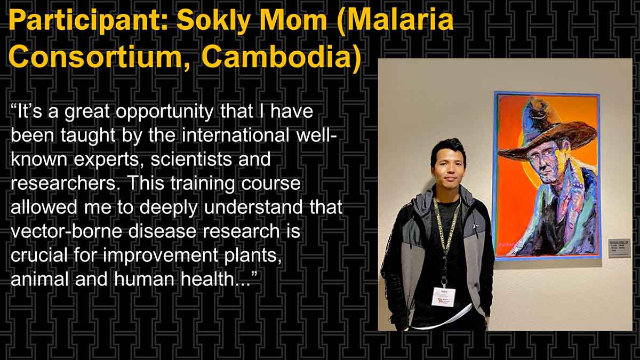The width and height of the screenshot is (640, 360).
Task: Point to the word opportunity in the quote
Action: coord(165,112)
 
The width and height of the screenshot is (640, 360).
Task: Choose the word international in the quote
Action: coord(235,135)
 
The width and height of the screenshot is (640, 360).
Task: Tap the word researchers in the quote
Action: coord(62,183)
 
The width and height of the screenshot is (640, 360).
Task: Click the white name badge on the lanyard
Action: coord(443,297)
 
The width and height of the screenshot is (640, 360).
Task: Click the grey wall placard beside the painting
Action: coord(619,248)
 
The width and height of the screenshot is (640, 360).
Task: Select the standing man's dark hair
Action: coord(447,150)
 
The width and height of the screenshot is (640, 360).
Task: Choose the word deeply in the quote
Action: coord(169,207)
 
